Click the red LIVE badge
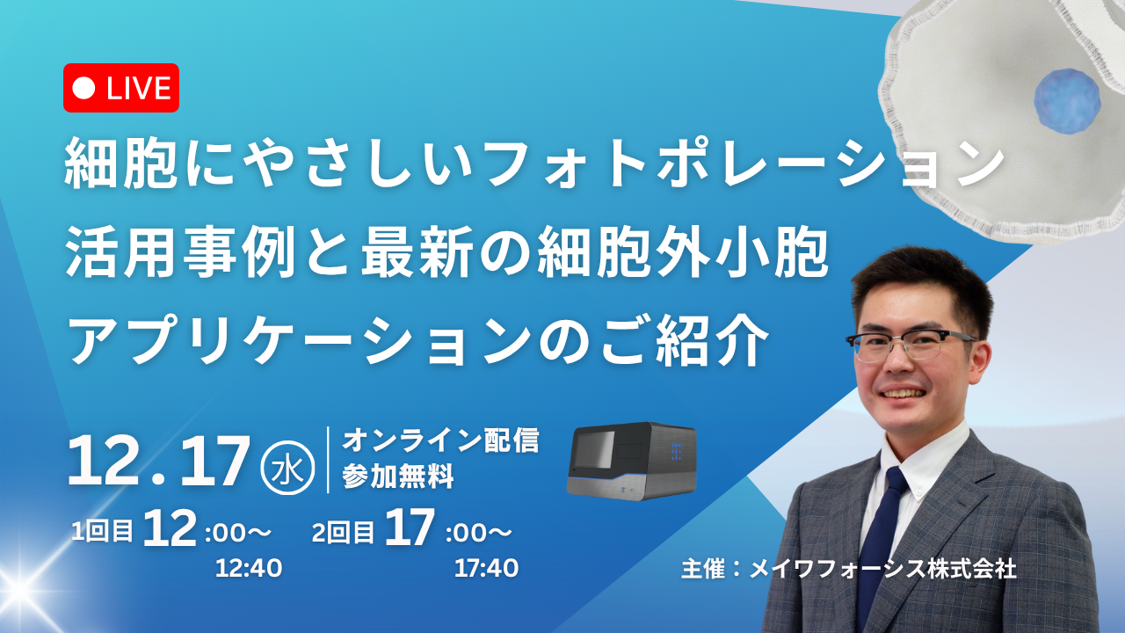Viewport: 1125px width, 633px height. coord(121,88)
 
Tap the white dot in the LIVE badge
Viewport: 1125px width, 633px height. coord(83,89)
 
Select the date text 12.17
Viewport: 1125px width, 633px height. coord(158,462)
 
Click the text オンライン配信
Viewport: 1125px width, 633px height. coord(440,440)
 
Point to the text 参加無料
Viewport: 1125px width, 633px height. coord(398,477)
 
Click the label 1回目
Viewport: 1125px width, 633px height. coord(103,532)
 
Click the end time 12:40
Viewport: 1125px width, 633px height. coord(249,569)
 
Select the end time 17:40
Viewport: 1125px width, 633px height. coord(486,569)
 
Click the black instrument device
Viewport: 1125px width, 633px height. coord(632,461)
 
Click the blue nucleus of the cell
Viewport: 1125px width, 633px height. coord(1067,101)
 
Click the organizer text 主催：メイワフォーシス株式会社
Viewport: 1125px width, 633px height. coord(849,569)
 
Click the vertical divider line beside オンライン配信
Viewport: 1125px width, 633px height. coord(328,460)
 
